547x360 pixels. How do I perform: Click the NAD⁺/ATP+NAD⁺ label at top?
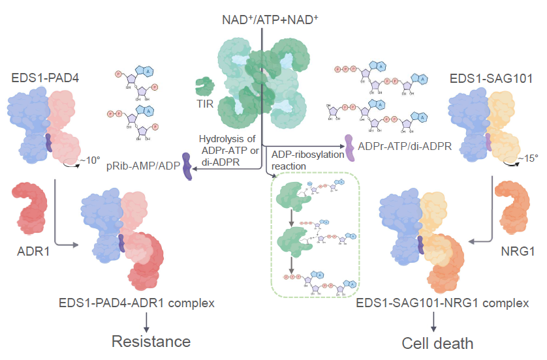click(269, 20)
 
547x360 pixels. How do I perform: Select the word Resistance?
click(151, 341)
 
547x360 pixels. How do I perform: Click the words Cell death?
click(437, 343)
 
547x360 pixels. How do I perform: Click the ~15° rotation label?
click(528, 158)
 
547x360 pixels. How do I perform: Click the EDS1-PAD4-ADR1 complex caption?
click(143, 303)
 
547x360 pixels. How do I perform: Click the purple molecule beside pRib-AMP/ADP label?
click(187, 170)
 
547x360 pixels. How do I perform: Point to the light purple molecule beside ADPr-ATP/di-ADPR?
click(349, 147)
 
